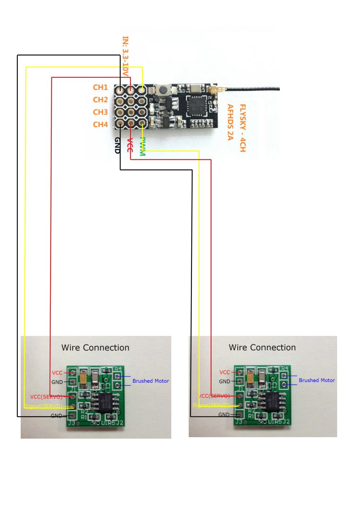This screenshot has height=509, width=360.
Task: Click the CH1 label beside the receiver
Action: click(101, 87)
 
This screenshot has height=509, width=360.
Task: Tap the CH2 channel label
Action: click(101, 99)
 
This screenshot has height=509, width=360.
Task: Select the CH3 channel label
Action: click(101, 112)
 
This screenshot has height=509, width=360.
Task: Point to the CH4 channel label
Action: click(101, 124)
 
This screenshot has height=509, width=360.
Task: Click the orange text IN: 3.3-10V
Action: click(126, 56)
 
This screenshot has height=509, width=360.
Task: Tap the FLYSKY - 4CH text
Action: click(242, 128)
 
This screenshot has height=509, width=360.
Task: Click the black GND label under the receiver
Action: click(118, 145)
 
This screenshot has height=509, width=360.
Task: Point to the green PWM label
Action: click(143, 147)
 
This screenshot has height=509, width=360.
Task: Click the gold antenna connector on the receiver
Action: click(213, 90)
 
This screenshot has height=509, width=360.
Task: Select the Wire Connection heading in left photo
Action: click(95, 348)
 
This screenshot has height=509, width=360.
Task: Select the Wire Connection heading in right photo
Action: click(262, 348)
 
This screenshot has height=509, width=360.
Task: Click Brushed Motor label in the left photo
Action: click(151, 381)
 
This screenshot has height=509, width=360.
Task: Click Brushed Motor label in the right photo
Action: click(317, 380)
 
